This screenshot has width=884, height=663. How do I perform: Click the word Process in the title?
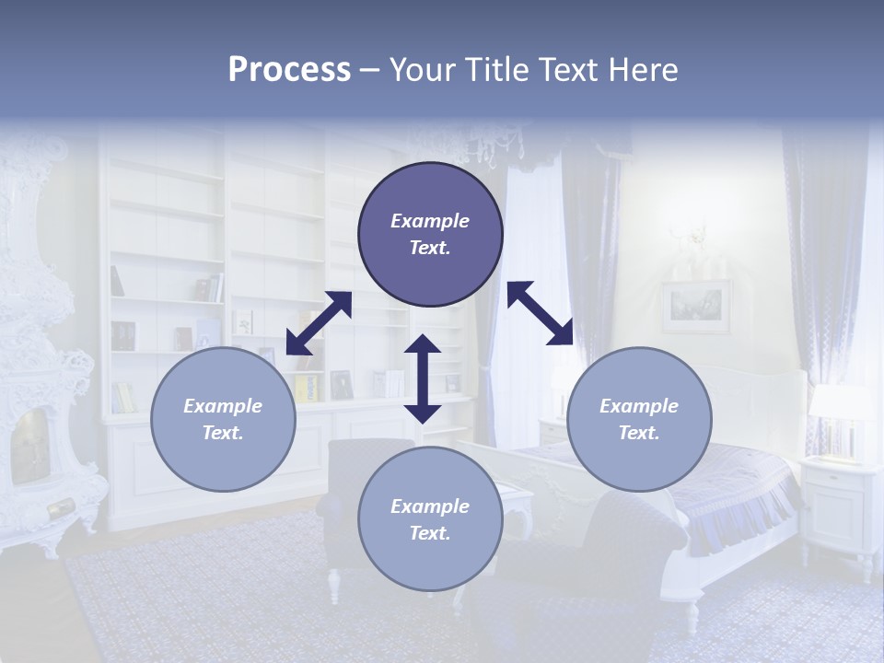[x=289, y=70]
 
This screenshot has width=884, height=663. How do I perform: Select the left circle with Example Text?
[x=223, y=419]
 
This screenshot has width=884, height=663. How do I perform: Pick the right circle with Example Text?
[x=639, y=419]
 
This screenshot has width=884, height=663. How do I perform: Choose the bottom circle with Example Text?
[x=430, y=519]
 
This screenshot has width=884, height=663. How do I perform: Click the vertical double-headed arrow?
[x=423, y=378]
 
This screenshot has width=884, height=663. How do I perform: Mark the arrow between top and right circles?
[x=540, y=313]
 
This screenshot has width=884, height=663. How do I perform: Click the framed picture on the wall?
[x=695, y=307]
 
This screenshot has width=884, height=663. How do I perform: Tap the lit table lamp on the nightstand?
[x=839, y=414]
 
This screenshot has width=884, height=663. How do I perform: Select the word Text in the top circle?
[x=430, y=248]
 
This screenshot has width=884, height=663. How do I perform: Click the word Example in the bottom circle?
[x=430, y=506]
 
